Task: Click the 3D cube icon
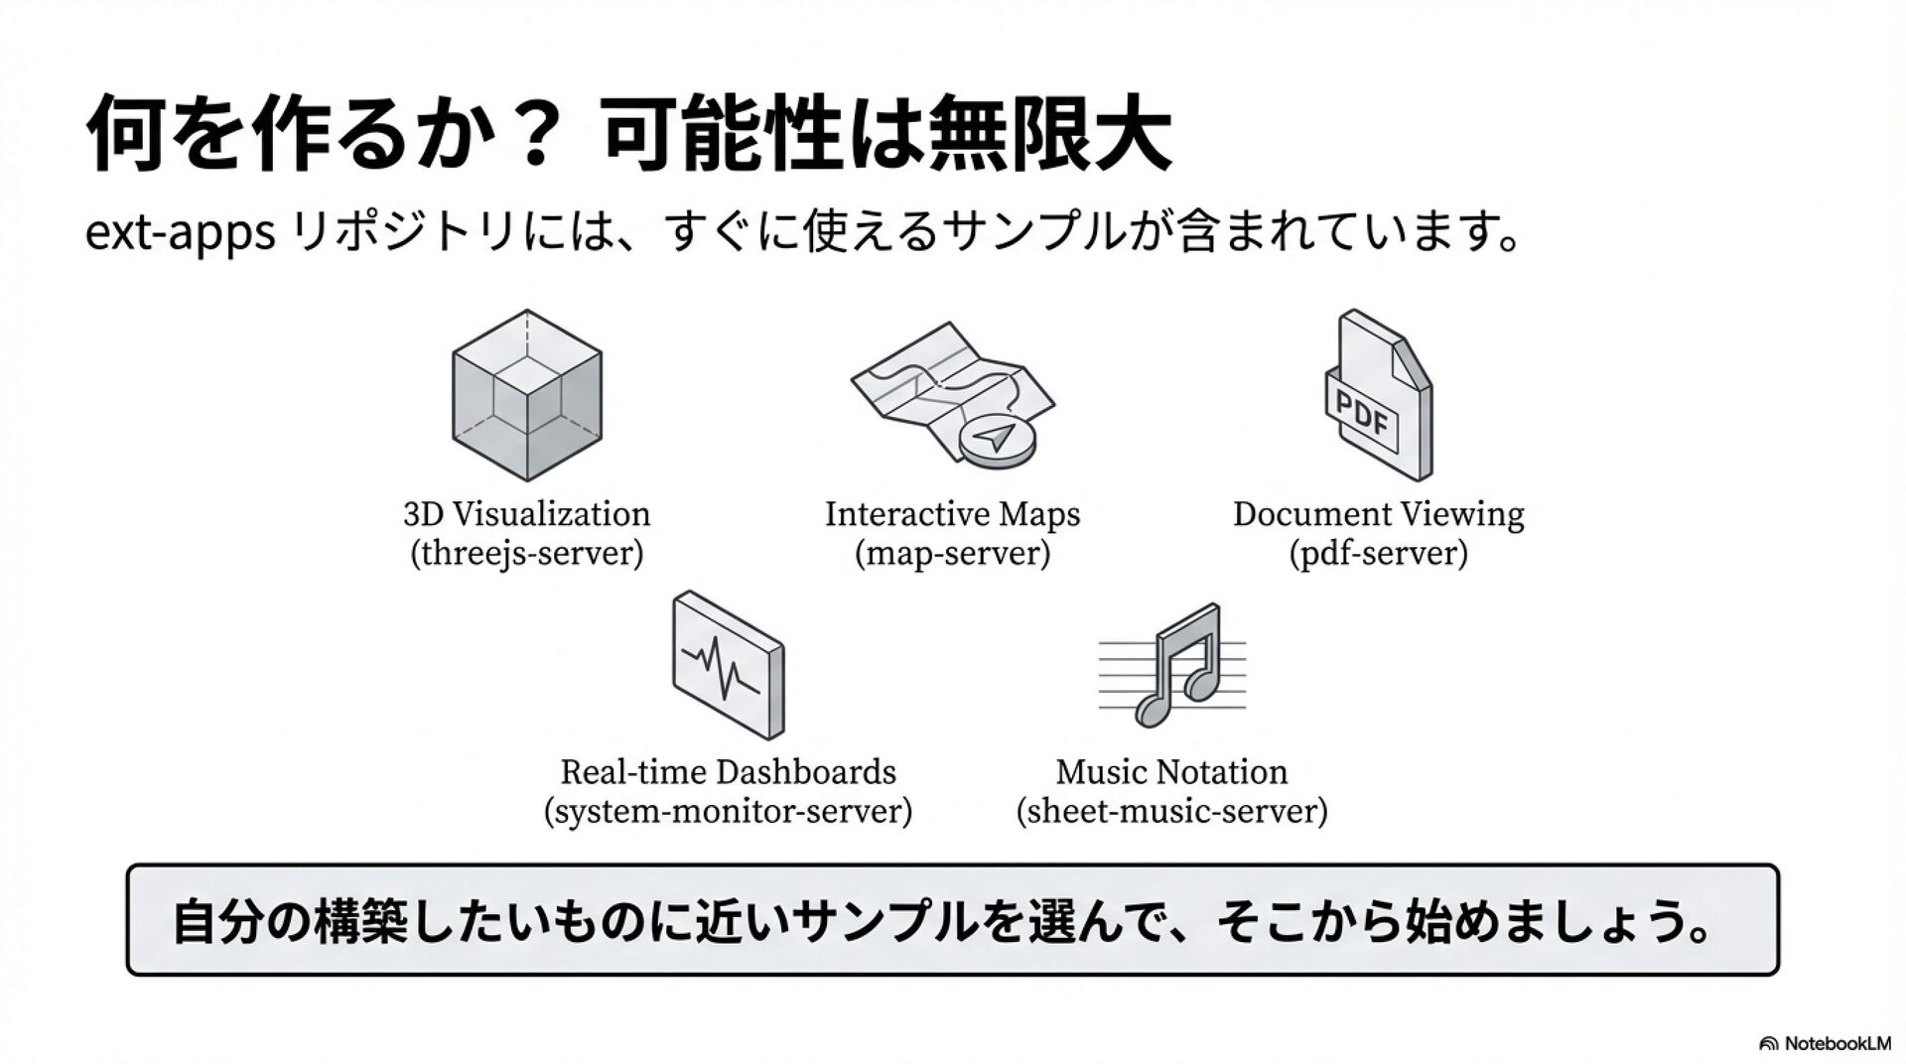pyautogui.click(x=527, y=395)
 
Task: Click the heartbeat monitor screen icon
pyautogui.click(x=728, y=664)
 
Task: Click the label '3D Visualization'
pyautogui.click(x=527, y=514)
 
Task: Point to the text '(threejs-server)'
pyautogui.click(x=527, y=553)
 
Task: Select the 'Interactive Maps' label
pyautogui.click(x=952, y=514)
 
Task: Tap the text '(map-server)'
pyautogui.click(x=952, y=553)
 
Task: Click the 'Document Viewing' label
pyautogui.click(x=1378, y=514)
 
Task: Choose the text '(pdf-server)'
pyautogui.click(x=1378, y=553)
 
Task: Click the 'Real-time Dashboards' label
pyautogui.click(x=728, y=772)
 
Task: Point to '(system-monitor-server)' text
pyautogui.click(x=728, y=811)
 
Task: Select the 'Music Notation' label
pyautogui.click(x=1171, y=772)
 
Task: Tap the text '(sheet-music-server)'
pyautogui.click(x=1171, y=811)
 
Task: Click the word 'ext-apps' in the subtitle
pyautogui.click(x=180, y=234)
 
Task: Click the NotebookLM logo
pyautogui.click(x=1825, y=1043)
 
